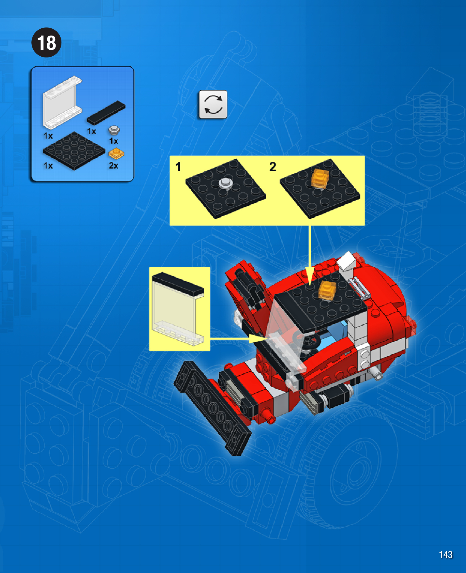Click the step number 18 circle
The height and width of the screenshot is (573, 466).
(46, 42)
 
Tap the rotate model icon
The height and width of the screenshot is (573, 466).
(213, 104)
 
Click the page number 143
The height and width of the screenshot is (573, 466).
(445, 554)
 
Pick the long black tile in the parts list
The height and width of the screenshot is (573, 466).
(106, 112)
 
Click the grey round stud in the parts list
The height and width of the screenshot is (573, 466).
(114, 130)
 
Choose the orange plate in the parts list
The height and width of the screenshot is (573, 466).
(116, 154)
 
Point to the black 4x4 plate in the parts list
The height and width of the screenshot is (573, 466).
(74, 151)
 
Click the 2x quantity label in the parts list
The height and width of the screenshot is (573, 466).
(113, 166)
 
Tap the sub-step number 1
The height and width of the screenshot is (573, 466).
(178, 167)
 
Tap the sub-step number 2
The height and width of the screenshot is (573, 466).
(273, 167)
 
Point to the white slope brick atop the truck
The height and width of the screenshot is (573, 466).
(346, 262)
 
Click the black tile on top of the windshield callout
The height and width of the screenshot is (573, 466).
(178, 283)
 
